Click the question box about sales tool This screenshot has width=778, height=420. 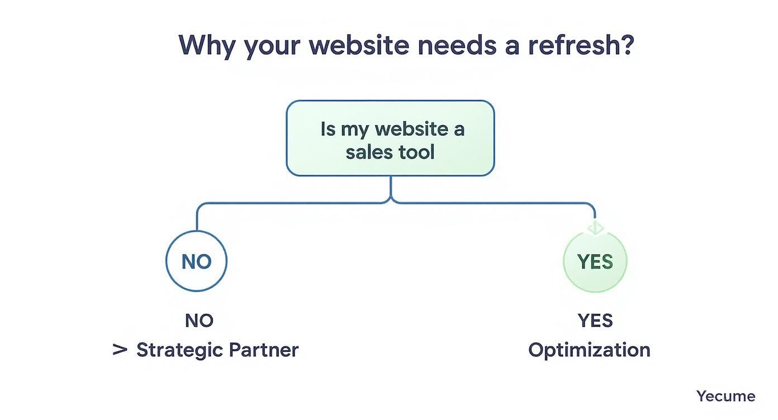coord(390,139)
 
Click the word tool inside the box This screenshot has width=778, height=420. coord(414,152)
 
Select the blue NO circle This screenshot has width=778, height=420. coord(197,261)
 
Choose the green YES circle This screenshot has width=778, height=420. coord(595,261)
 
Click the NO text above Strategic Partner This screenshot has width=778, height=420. coord(199,321)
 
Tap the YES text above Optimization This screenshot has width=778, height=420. coord(595,321)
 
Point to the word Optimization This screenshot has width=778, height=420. coord(589,350)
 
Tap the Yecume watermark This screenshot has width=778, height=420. coord(725,396)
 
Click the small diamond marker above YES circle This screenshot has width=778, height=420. coord(595,228)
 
